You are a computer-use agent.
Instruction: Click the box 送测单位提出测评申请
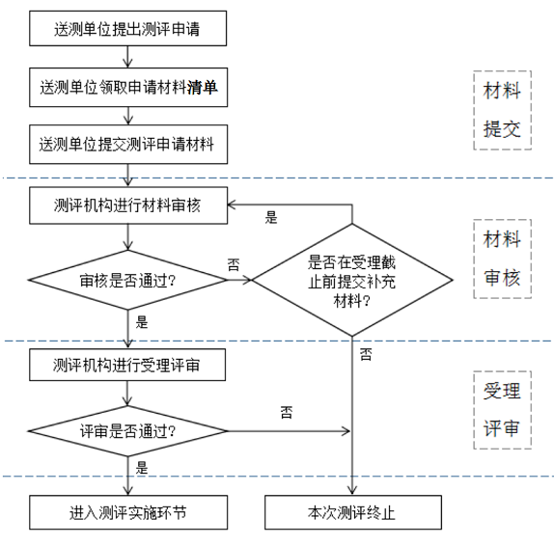pos(128,29)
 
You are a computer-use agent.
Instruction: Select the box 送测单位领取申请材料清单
pos(128,88)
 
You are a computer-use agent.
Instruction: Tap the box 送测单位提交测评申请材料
pos(128,145)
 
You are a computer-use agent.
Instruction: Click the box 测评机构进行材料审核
pos(128,203)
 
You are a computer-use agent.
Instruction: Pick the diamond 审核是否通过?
pos(128,281)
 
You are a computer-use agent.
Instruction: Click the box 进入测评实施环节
pos(128,512)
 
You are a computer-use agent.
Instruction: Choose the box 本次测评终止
pos(351,512)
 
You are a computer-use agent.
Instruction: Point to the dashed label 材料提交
pos(502,109)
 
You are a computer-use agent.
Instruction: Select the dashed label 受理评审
pos(502,410)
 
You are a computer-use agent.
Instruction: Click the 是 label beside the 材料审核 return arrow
pos(271,218)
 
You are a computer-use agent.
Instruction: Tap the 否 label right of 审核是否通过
pos(234,262)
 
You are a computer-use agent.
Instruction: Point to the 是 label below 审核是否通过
pos(142,322)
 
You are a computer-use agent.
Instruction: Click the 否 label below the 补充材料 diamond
pos(366,355)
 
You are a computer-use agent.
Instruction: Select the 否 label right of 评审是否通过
pos(287,412)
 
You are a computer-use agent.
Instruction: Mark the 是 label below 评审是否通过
pos(142,469)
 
